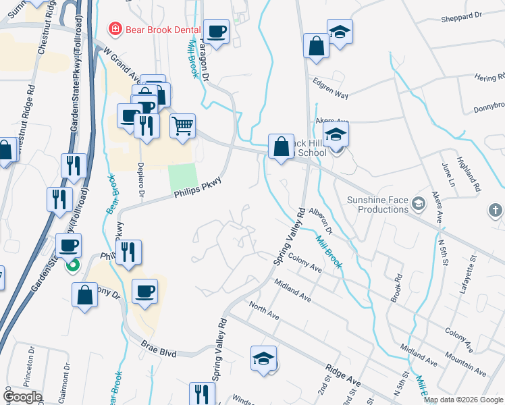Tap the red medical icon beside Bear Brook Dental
coord(115,29)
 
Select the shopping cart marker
coord(182,126)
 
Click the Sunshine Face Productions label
coord(378,205)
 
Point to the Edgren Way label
coord(331,90)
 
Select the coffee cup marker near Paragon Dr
coord(217,31)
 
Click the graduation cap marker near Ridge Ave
coord(263,358)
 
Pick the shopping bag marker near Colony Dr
coord(85,295)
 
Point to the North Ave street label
coord(264,310)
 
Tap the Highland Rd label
coord(467,173)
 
